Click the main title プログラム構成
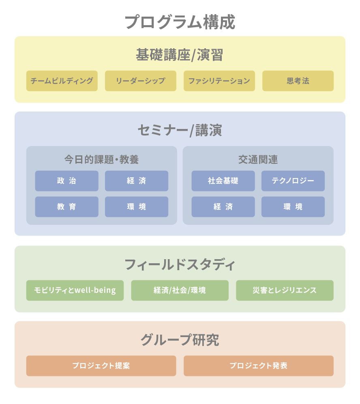180,22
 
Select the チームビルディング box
62,81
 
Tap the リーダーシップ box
141,81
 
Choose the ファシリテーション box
219,81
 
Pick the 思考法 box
298,81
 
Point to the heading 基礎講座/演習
180,55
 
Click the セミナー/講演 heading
180,130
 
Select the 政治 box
67,181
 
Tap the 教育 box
67,206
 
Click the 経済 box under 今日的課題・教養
137,181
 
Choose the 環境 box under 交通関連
293,206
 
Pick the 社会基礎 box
223,181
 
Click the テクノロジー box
293,181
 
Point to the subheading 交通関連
258,159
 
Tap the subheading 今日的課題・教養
101,159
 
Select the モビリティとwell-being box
75,290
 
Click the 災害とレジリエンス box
285,290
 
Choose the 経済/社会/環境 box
180,290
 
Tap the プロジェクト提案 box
101,366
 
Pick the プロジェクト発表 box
259,366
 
